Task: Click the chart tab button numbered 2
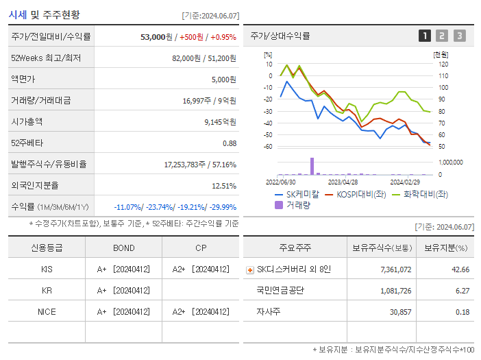442,36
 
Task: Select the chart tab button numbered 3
459,36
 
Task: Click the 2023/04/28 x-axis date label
343,182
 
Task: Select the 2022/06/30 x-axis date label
280,182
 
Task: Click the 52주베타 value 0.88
229,143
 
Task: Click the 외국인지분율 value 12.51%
224,185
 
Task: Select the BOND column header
123,248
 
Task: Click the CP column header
200,248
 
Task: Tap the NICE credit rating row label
47,312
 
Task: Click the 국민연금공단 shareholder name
280,291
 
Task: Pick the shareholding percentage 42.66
461,269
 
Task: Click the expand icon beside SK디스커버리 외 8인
249,270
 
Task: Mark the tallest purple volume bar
312,166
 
